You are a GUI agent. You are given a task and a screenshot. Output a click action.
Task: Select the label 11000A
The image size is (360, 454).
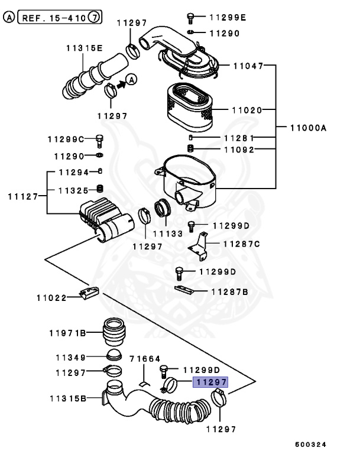click(x=308, y=128)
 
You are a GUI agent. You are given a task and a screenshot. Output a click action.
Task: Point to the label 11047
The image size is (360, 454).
click(x=248, y=66)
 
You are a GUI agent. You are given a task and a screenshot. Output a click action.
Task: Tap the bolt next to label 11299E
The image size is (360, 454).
click(x=190, y=17)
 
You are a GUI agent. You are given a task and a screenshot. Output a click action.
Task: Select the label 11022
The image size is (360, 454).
click(x=52, y=299)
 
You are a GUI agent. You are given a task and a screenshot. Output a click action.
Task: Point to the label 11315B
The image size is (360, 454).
click(x=66, y=399)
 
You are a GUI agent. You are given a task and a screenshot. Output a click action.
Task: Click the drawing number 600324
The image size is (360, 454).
click(x=311, y=444)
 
